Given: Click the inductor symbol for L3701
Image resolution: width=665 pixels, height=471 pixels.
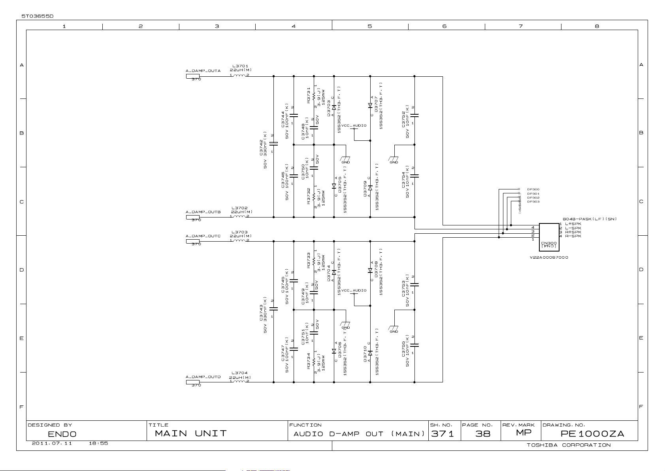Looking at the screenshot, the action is (239, 76).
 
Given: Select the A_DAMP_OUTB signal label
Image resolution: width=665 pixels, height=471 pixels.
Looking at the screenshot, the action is (203, 212).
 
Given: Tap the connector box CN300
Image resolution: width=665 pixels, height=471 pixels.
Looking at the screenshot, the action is (549, 237).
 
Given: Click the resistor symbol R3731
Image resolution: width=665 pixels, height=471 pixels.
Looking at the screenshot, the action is (314, 96).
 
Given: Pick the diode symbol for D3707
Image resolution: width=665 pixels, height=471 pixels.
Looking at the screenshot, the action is (370, 105).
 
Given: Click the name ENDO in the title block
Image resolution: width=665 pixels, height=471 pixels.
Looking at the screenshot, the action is (62, 434).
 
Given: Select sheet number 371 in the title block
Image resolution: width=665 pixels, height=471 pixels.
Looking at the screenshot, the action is (443, 434).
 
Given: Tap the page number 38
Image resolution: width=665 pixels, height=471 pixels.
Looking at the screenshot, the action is (482, 434).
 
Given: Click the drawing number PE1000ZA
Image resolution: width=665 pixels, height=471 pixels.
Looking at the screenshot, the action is (592, 434).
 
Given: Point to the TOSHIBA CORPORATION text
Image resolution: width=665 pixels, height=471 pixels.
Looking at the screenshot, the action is (569, 445).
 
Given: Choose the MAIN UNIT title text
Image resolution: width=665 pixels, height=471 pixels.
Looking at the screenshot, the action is (191, 433).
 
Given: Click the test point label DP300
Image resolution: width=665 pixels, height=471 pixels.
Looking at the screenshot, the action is (533, 189).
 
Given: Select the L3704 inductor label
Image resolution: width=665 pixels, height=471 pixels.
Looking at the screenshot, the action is (239, 373).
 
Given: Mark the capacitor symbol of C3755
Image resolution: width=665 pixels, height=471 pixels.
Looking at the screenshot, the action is (414, 345).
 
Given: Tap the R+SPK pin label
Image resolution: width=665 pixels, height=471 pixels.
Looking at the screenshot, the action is (573, 232).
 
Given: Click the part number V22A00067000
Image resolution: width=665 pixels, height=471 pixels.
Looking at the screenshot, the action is (549, 257).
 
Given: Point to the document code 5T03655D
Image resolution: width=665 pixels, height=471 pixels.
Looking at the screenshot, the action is (37, 16).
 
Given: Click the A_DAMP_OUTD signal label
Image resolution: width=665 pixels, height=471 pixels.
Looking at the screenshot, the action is (203, 377).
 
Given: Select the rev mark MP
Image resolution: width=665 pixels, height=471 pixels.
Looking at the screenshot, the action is (524, 433).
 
